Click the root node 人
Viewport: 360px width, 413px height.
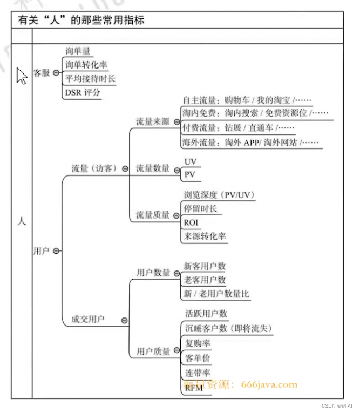(x=22, y=221)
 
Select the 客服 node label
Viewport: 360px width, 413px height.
(x=42, y=73)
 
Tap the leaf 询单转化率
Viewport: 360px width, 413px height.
(x=86, y=65)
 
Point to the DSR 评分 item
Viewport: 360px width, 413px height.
(x=83, y=92)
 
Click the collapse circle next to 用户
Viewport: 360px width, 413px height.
(x=57, y=251)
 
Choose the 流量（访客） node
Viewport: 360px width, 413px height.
(x=94, y=168)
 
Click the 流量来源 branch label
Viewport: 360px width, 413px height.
(x=153, y=121)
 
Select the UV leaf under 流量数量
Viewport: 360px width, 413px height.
(x=191, y=162)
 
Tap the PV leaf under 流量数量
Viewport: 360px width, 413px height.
(x=190, y=175)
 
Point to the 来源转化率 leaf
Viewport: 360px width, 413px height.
(x=205, y=236)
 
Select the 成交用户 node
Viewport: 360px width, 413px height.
(x=88, y=319)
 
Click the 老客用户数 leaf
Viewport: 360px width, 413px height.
(x=205, y=280)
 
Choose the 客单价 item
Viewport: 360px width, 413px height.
(x=198, y=357)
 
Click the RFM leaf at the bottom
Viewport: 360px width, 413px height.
(x=193, y=388)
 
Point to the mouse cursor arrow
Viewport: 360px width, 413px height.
(x=21, y=76)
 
